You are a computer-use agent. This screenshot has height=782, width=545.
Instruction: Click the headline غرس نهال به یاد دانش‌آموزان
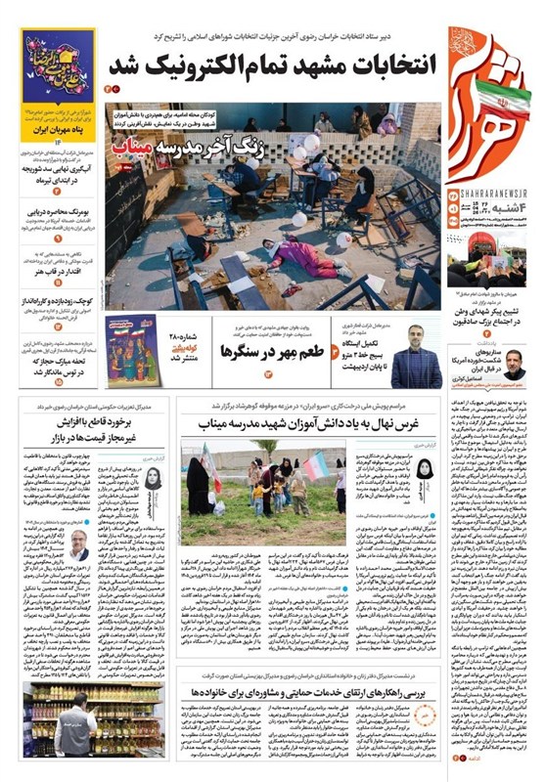[x=303, y=422]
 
